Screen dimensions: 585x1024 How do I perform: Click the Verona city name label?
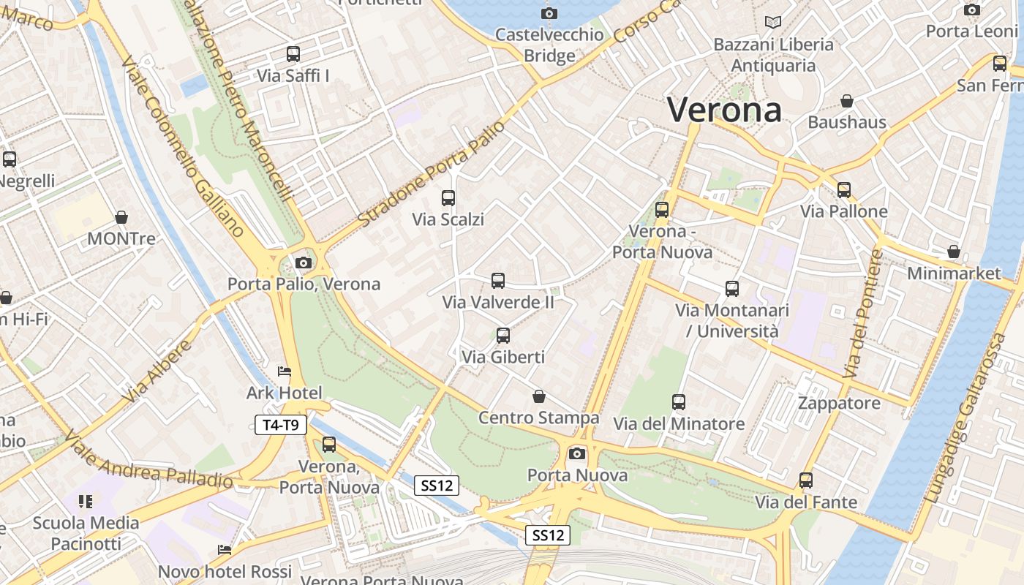click(x=724, y=110)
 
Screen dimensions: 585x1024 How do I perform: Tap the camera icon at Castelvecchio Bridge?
click(x=549, y=13)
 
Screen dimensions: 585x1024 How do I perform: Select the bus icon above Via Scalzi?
click(x=448, y=197)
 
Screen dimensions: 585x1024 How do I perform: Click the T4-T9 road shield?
click(x=280, y=424)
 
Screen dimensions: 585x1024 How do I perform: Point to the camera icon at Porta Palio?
click(x=304, y=263)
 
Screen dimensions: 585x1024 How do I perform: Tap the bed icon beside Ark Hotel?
click(x=285, y=372)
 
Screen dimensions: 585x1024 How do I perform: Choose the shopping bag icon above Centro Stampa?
click(x=539, y=396)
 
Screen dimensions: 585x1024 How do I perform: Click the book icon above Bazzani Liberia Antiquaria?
click(x=773, y=22)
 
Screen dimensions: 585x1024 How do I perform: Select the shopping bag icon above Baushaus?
click(x=847, y=101)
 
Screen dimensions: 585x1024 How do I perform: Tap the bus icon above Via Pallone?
click(x=844, y=190)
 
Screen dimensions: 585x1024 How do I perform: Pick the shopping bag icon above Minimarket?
click(x=954, y=252)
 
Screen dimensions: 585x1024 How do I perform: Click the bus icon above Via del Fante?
click(x=806, y=480)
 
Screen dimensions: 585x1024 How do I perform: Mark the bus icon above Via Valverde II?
click(x=498, y=280)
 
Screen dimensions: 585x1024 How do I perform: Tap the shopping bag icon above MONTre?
click(x=121, y=217)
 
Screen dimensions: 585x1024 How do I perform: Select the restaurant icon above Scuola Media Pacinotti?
click(x=86, y=501)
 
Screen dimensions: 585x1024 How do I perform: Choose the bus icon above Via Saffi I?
click(x=293, y=53)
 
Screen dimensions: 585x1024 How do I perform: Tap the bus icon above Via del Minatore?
click(x=679, y=401)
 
